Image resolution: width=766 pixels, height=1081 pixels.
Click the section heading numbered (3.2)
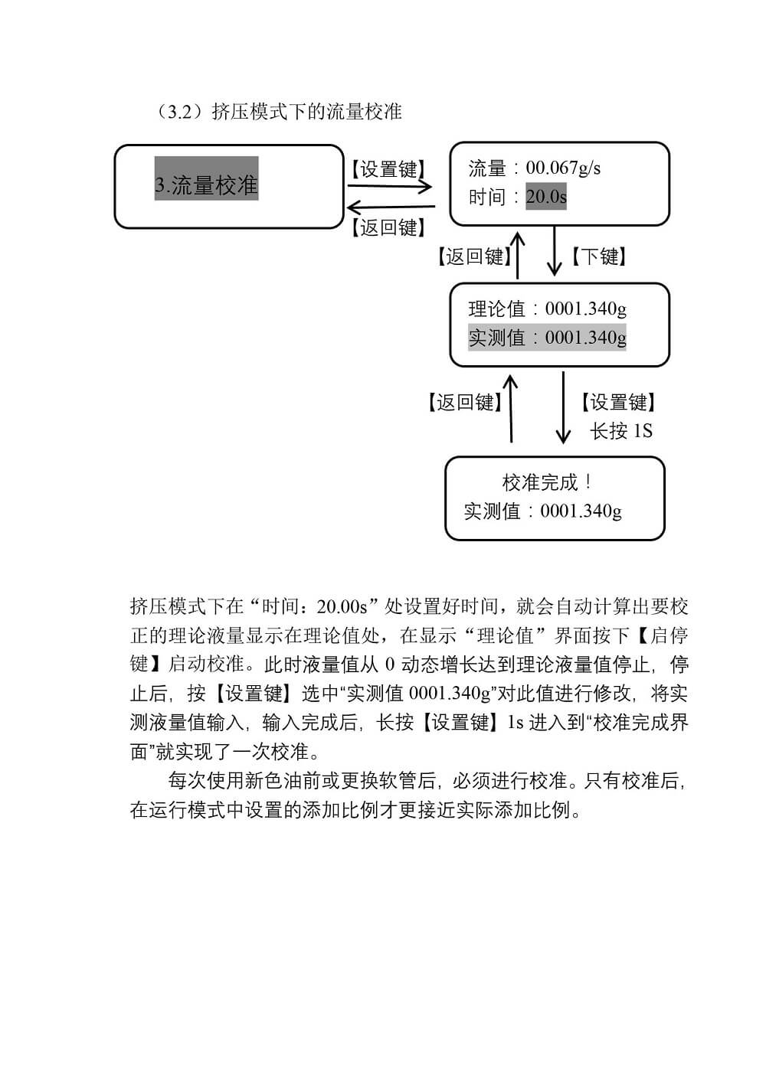point(278,112)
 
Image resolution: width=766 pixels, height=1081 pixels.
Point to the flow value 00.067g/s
point(563,168)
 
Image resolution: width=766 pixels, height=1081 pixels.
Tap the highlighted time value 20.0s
point(546,197)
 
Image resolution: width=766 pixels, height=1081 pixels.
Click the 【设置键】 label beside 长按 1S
point(617,401)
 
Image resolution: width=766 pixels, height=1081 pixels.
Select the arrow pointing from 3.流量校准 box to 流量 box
point(390,186)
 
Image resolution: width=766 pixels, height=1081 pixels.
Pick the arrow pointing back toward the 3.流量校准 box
point(391,207)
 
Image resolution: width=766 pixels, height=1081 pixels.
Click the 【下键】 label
point(599,256)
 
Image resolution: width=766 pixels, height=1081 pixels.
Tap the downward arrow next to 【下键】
point(554,251)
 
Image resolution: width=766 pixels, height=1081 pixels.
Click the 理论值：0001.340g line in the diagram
point(547,309)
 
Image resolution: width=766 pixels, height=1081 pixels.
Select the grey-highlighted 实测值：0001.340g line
point(547,337)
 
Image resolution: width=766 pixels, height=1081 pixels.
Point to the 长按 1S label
point(621,430)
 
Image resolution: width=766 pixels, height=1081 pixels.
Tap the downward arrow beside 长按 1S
point(563,407)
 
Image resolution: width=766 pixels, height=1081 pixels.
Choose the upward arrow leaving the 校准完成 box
point(510,410)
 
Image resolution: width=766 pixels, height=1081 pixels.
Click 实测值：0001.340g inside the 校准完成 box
point(542,511)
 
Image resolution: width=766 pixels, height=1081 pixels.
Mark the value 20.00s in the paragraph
point(342,606)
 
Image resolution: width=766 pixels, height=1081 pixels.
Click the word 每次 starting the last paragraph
point(187,780)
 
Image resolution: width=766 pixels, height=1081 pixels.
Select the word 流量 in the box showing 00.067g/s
point(487,168)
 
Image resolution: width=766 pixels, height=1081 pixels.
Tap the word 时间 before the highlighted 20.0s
point(487,197)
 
